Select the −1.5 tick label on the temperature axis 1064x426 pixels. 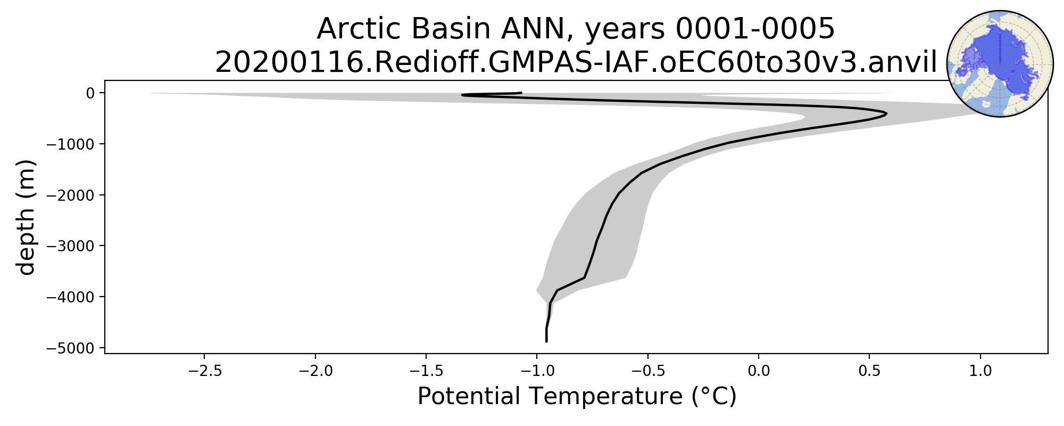coord(426,371)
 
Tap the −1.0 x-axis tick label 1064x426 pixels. coord(537,371)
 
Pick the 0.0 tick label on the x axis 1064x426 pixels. coord(759,371)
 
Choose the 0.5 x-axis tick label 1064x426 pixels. coord(869,371)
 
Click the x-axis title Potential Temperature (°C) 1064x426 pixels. coord(577,397)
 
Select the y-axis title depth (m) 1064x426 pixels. coord(26,217)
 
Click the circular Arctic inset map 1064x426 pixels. coord(1000,64)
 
